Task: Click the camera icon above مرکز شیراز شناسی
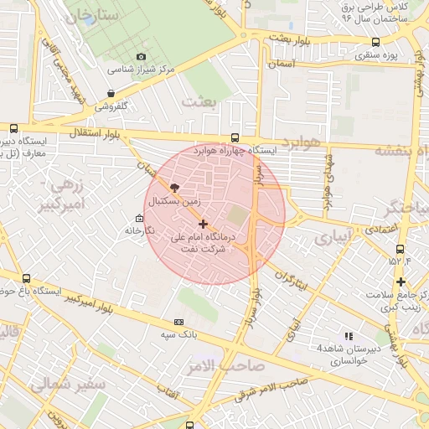(140, 56)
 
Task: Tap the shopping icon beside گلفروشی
(111, 94)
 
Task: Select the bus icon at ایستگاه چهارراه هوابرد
(234, 138)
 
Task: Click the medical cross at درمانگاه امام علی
(203, 224)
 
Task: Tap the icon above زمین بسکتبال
(174, 188)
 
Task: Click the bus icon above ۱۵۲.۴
(400, 249)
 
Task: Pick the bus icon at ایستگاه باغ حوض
(26, 278)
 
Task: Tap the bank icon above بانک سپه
(178, 322)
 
